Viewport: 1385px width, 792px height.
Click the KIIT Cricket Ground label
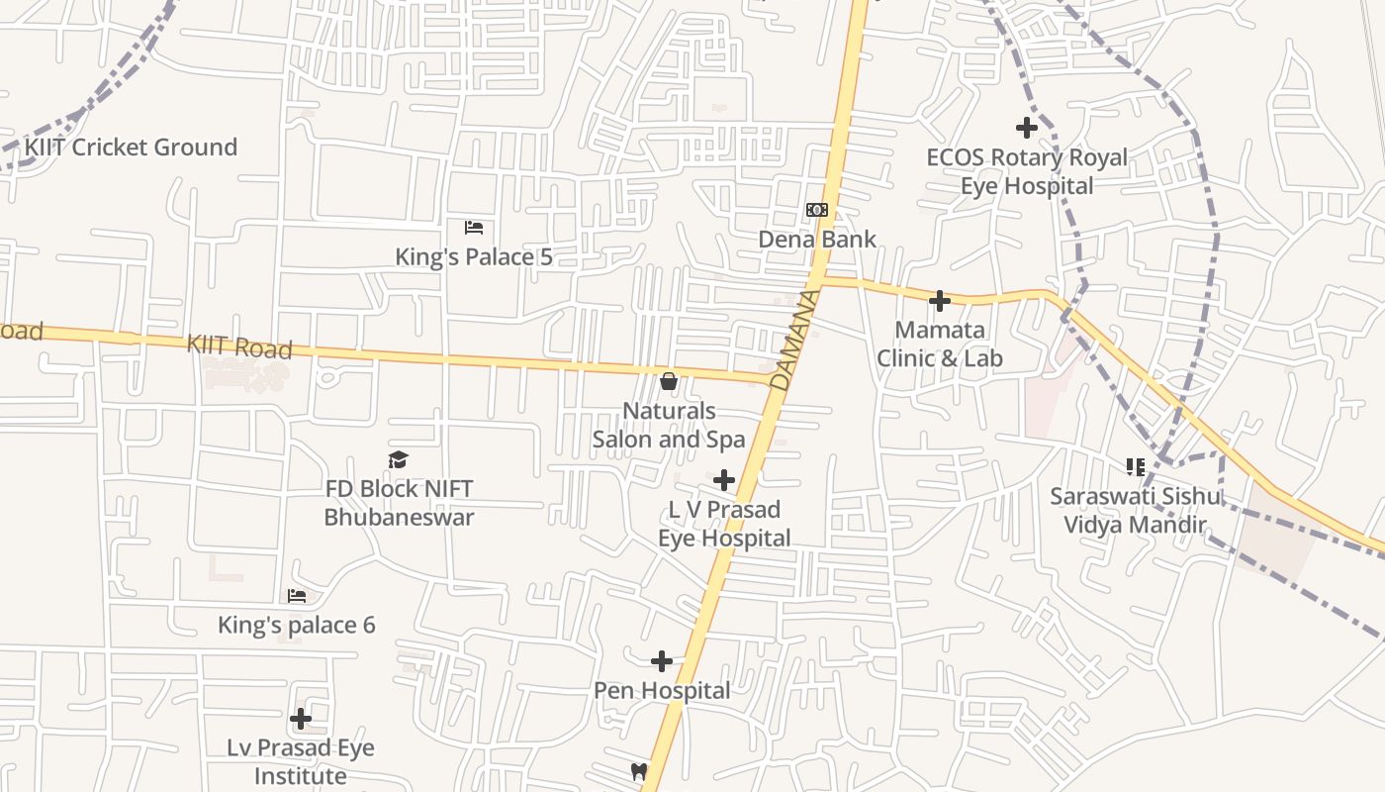(131, 148)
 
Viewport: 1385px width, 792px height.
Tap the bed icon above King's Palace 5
(474, 228)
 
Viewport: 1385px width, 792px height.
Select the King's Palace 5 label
(474, 257)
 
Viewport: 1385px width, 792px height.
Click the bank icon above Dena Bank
(816, 210)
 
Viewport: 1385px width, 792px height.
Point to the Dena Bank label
(817, 239)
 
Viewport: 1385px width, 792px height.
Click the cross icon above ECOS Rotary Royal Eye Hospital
(1027, 128)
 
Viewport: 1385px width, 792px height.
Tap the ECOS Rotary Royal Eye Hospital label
(1027, 171)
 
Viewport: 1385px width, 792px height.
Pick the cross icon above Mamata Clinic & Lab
(940, 301)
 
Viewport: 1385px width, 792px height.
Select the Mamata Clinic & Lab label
(940, 344)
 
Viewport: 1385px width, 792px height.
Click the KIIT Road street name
(239, 346)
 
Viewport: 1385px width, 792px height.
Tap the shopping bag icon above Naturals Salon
(669, 381)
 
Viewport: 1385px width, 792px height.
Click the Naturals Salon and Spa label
(669, 425)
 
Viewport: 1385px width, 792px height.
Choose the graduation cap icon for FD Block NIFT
(398, 459)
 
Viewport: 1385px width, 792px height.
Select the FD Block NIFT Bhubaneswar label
(399, 503)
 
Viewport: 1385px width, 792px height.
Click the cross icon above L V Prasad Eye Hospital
(724, 480)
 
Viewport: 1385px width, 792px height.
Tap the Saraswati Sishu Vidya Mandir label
(1136, 510)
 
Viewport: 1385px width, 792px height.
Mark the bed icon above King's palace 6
(297, 596)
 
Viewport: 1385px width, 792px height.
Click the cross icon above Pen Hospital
(662, 661)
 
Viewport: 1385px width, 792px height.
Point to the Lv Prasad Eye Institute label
(301, 761)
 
